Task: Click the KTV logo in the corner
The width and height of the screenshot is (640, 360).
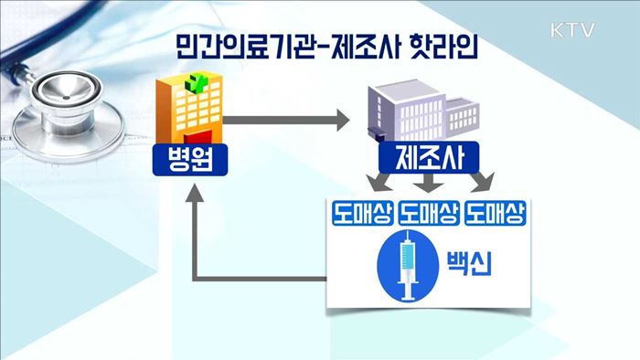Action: pos(573,29)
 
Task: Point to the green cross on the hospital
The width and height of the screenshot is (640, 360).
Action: pos(194,85)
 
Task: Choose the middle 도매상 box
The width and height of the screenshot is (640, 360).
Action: pos(429,215)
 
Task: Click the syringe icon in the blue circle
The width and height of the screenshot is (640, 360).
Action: pos(404,266)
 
